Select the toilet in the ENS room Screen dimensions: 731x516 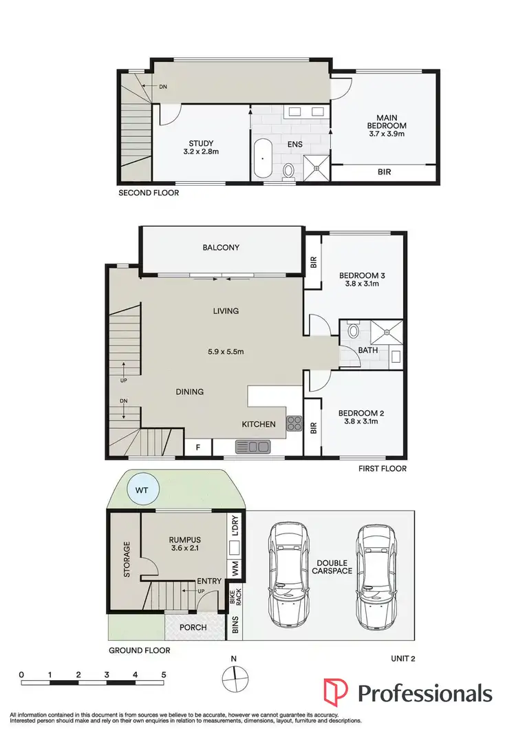coord(289,169)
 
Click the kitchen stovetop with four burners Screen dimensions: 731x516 coord(294,423)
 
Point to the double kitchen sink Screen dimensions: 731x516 coord(252,447)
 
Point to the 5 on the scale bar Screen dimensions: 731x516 coord(164,675)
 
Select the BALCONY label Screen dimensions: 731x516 coord(221,247)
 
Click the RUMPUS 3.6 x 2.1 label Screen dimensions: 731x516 coord(182,544)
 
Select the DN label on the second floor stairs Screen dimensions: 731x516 coord(162,87)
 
